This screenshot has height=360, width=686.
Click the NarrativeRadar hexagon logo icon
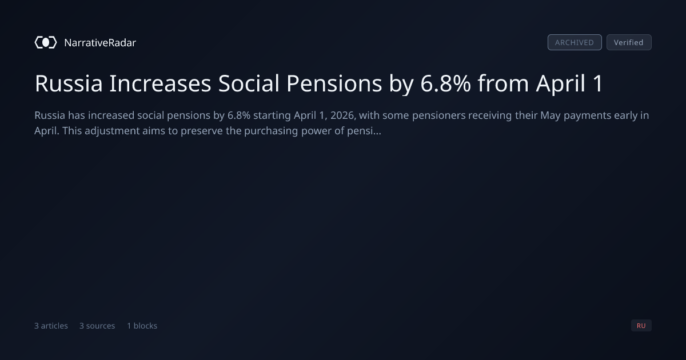(46, 42)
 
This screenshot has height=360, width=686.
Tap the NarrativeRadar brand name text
(100, 43)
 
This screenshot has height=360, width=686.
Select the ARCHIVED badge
(575, 42)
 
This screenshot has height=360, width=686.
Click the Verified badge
(629, 42)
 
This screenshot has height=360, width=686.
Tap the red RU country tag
(641, 325)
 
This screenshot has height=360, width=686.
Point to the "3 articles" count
(51, 326)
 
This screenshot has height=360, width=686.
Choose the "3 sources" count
(97, 326)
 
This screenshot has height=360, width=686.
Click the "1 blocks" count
(142, 326)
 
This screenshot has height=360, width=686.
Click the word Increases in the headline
(160, 83)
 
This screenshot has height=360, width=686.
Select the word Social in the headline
(249, 83)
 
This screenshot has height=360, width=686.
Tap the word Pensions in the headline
(334, 83)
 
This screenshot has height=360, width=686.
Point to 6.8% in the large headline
(445, 83)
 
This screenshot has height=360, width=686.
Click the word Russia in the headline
(69, 83)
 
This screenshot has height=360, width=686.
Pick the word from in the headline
(503, 83)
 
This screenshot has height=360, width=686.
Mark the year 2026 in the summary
(344, 115)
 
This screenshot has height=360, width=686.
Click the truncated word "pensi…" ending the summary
(364, 131)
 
